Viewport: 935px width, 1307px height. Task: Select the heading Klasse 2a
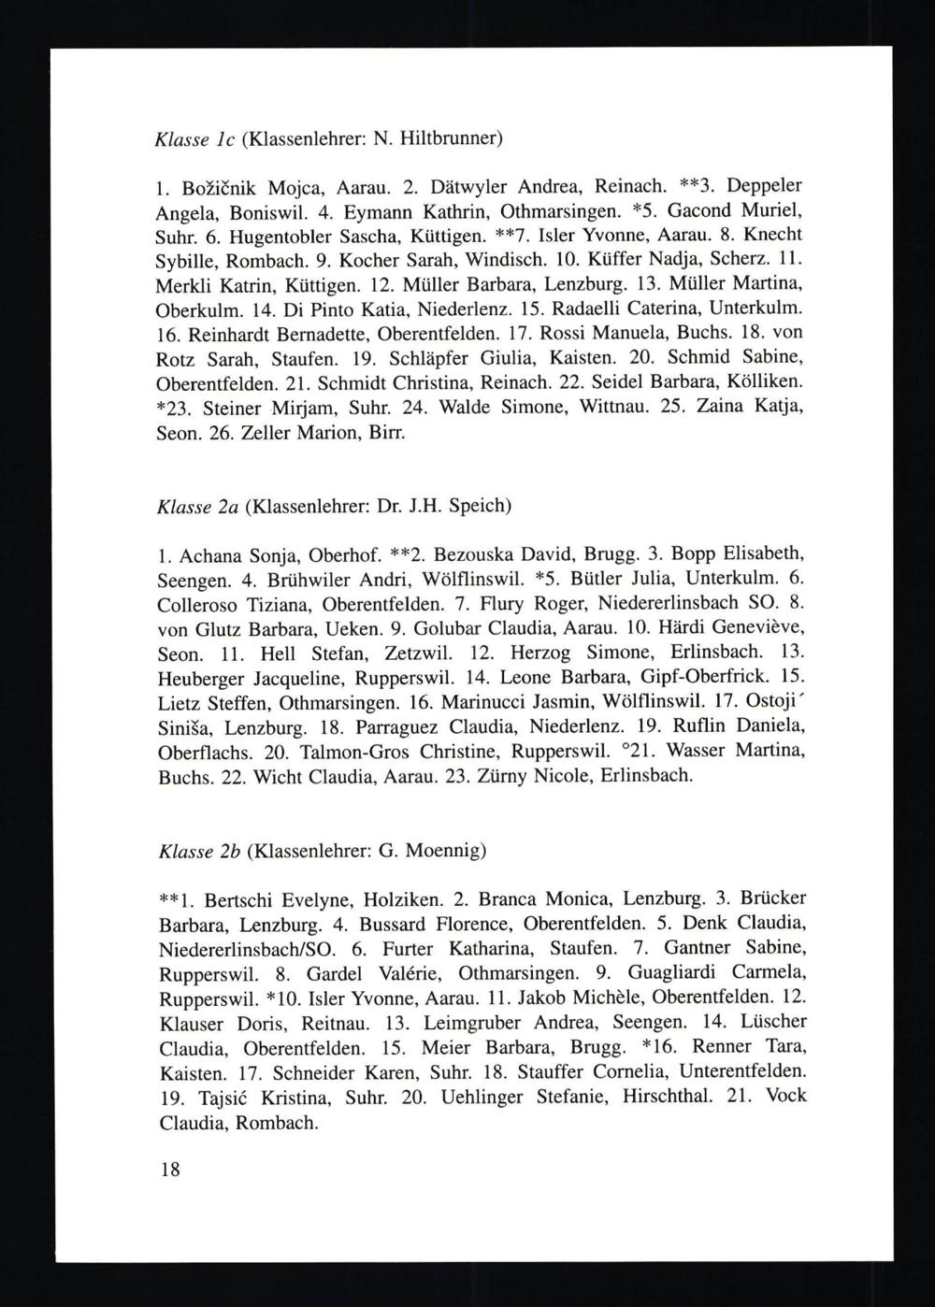[198, 507]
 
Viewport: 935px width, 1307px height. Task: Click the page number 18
[169, 1170]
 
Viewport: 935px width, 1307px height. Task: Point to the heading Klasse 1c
[195, 139]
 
